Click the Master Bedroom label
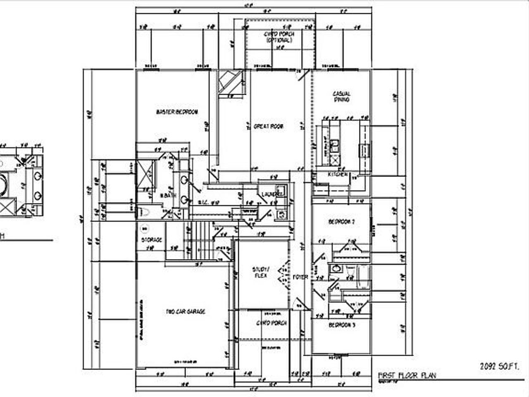point(177,112)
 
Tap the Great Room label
point(268,127)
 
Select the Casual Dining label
point(341,97)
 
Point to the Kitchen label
point(338,175)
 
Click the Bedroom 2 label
point(341,222)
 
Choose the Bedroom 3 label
point(341,325)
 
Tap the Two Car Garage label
point(185,312)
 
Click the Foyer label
point(300,277)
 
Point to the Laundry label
point(271,194)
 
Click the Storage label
point(152,240)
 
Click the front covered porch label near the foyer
point(272,323)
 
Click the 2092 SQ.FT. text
point(499,366)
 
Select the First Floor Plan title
point(407,375)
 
